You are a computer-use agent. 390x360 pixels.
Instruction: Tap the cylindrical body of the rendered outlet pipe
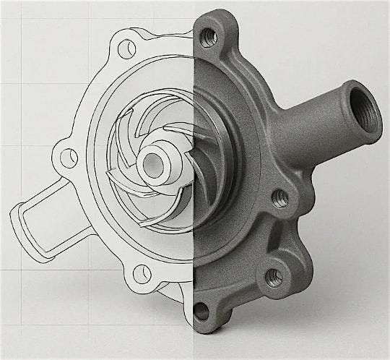click(x=318, y=119)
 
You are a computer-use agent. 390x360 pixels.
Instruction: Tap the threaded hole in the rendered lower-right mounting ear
click(x=274, y=275)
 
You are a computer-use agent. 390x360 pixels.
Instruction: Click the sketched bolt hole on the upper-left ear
click(x=128, y=48)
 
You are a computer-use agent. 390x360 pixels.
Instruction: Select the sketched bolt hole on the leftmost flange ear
click(x=69, y=155)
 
